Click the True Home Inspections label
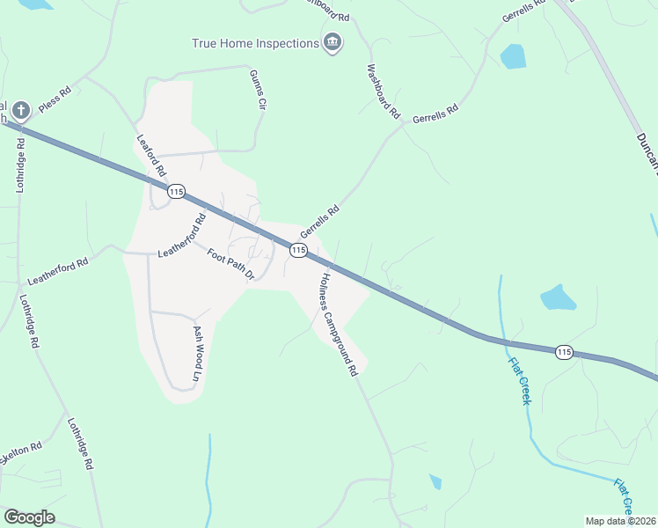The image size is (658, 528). click(255, 43)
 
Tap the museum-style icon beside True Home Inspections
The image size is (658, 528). click(333, 42)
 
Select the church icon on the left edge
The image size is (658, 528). click(21, 111)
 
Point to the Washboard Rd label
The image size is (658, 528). click(384, 92)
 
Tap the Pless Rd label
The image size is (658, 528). click(60, 104)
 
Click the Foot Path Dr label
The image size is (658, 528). click(230, 265)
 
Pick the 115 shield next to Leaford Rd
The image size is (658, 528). click(177, 191)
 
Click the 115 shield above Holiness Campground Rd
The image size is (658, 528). click(298, 251)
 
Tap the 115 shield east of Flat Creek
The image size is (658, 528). click(564, 352)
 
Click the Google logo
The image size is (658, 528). click(29, 517)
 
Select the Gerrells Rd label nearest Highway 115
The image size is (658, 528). click(319, 222)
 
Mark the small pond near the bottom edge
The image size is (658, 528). click(435, 481)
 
